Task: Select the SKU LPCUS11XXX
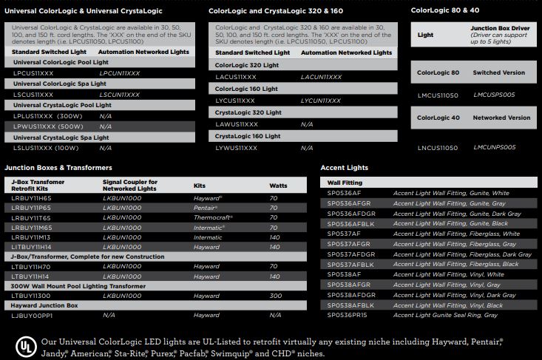click(x=33, y=74)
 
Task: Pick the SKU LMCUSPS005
click(x=494, y=95)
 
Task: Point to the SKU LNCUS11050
click(x=438, y=148)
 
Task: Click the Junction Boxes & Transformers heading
click(x=58, y=168)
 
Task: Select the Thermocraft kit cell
click(x=214, y=218)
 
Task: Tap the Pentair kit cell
click(x=208, y=208)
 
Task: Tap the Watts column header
click(x=279, y=186)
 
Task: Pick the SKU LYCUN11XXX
click(x=321, y=99)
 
